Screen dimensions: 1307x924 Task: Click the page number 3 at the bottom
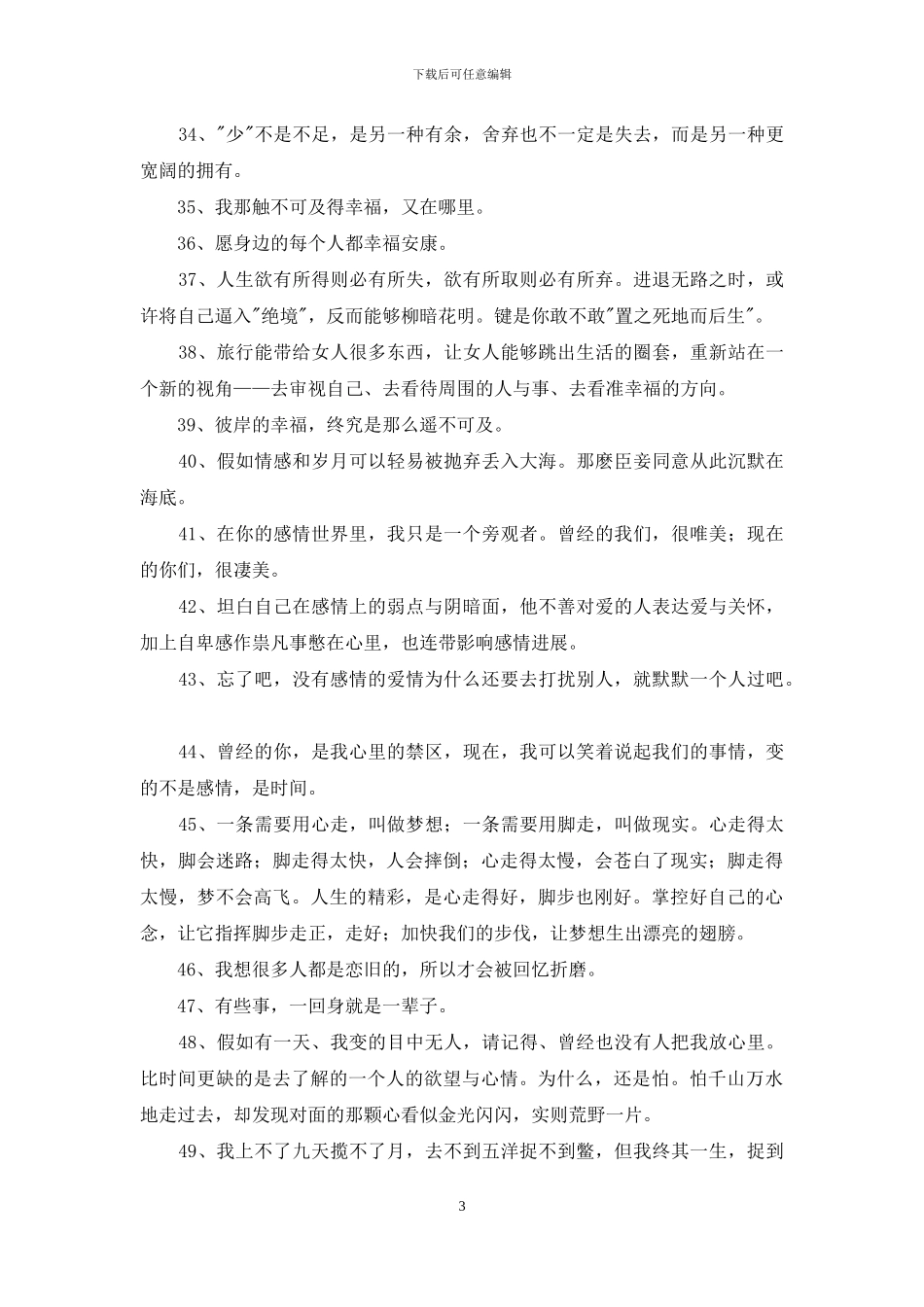462,1207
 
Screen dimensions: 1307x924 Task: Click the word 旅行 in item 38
234,353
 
